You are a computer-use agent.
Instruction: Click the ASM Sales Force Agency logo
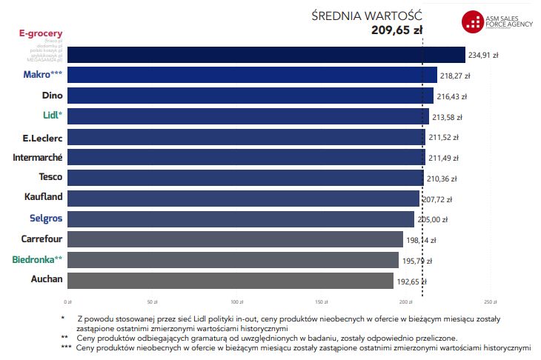497,22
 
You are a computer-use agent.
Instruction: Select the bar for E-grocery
267,55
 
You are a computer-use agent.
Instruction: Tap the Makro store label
42,75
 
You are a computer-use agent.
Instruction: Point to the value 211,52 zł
446,138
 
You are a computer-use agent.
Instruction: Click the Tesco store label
50,177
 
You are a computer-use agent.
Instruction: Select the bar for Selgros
241,219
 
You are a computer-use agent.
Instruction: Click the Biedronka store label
37,259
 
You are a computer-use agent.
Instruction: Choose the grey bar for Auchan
230,280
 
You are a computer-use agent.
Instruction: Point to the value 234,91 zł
486,55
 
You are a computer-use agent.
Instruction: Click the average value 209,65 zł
396,30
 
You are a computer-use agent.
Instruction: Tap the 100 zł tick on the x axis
237,302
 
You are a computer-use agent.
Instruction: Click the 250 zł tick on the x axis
490,302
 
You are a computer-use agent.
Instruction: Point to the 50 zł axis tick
153,302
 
